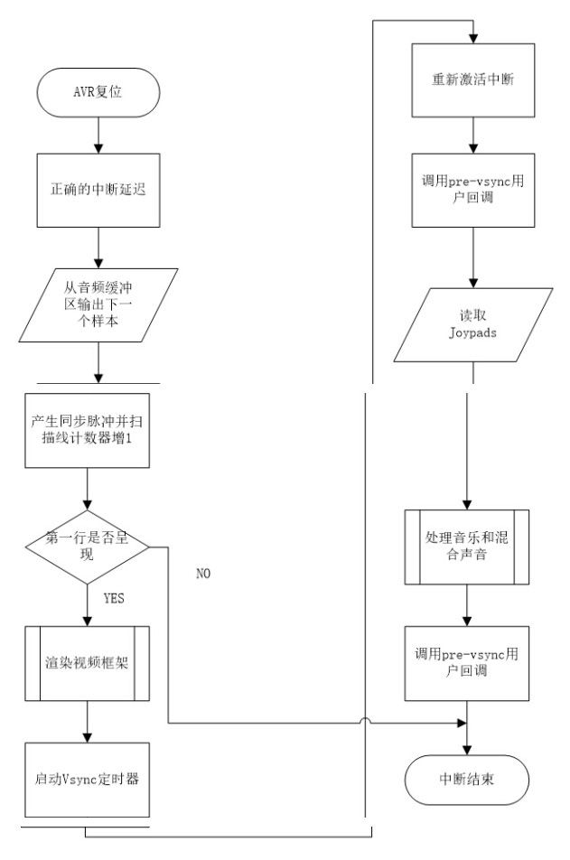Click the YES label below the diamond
(x=114, y=598)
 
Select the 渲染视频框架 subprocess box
(x=86, y=661)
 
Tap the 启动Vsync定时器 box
(x=86, y=780)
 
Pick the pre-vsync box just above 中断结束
(x=466, y=661)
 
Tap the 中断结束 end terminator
(x=466, y=780)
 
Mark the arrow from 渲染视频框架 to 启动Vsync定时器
(x=86, y=720)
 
